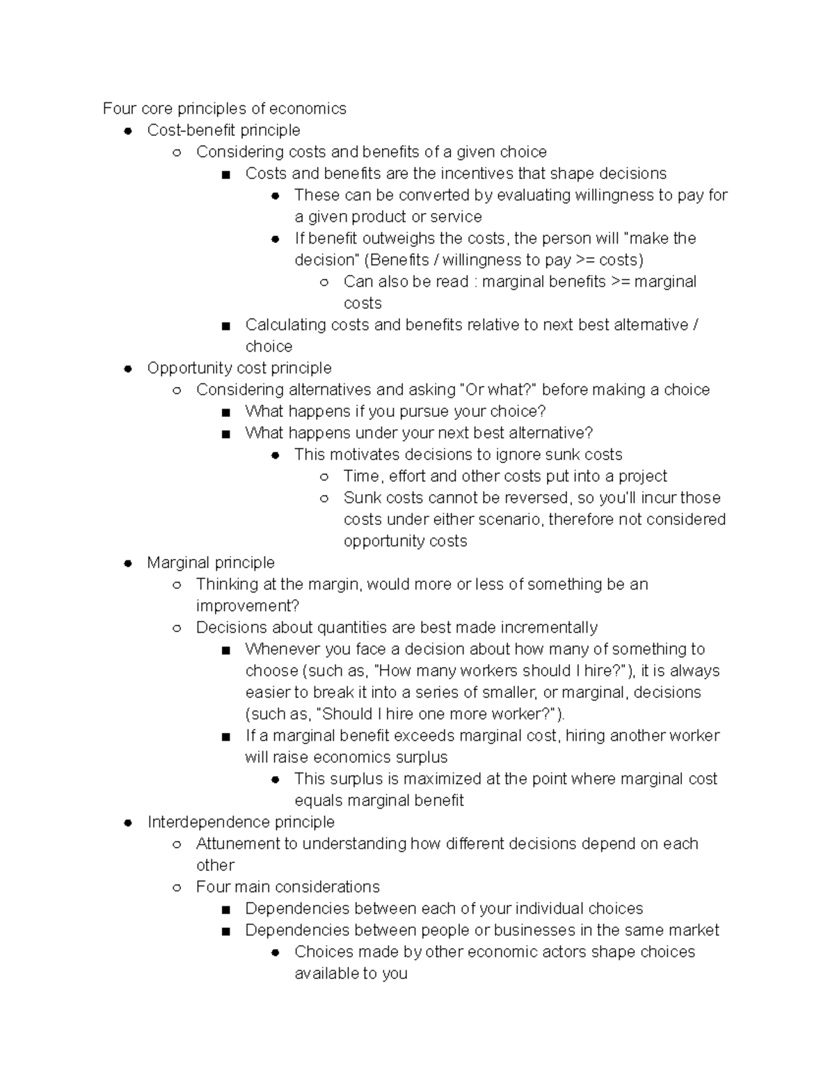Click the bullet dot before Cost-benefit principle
(x=128, y=131)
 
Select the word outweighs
(x=398, y=238)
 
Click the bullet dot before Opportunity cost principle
(x=128, y=368)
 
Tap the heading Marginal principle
(x=211, y=562)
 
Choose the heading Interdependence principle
(x=241, y=822)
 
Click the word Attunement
(x=237, y=844)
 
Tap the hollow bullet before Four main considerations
(x=177, y=887)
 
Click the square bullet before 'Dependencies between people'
(x=225, y=931)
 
